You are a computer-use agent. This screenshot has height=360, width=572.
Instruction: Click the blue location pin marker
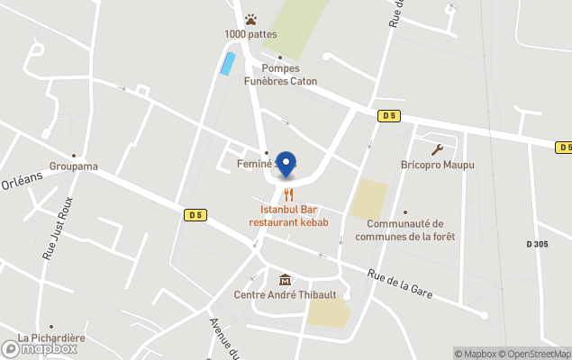click(286, 164)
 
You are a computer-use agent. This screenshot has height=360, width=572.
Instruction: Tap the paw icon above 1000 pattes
click(251, 19)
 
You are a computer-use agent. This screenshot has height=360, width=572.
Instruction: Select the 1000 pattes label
click(251, 34)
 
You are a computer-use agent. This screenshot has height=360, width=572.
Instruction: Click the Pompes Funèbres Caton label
click(280, 74)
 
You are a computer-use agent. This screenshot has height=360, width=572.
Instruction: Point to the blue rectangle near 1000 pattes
click(228, 63)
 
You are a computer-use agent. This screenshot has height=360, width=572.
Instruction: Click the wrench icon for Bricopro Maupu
click(438, 149)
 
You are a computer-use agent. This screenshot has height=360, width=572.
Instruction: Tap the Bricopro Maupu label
click(438, 166)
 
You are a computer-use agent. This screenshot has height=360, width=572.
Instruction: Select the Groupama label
click(74, 166)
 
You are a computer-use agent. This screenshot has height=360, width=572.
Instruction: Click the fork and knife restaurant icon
click(288, 193)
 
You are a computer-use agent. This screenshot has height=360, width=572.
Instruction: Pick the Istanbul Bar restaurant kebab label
click(288, 216)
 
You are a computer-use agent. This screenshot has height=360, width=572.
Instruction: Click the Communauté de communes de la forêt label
click(405, 229)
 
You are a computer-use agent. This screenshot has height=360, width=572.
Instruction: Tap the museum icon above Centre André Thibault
click(286, 279)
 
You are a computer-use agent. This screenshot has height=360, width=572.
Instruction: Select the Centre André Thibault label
click(286, 294)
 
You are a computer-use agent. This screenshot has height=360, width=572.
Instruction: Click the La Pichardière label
click(51, 338)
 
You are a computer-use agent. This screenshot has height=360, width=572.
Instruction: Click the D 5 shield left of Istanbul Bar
click(195, 214)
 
